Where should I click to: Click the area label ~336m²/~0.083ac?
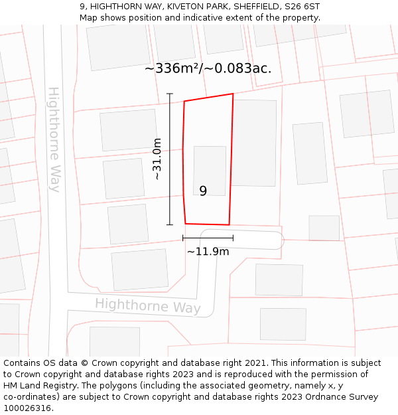pos(208,68)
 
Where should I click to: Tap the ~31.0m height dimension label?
pos(157,159)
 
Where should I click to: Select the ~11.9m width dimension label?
pos(208,252)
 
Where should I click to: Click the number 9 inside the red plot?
pos(203,191)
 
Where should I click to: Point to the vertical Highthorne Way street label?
pos(54,139)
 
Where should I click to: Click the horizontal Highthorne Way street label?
pos(147,306)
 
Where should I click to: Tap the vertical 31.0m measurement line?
pos(170,159)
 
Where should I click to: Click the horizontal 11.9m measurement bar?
pos(208,238)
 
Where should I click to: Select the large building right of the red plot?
pos(253,143)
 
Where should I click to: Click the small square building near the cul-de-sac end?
pos(324,228)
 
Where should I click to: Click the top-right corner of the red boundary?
pos(233,94)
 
